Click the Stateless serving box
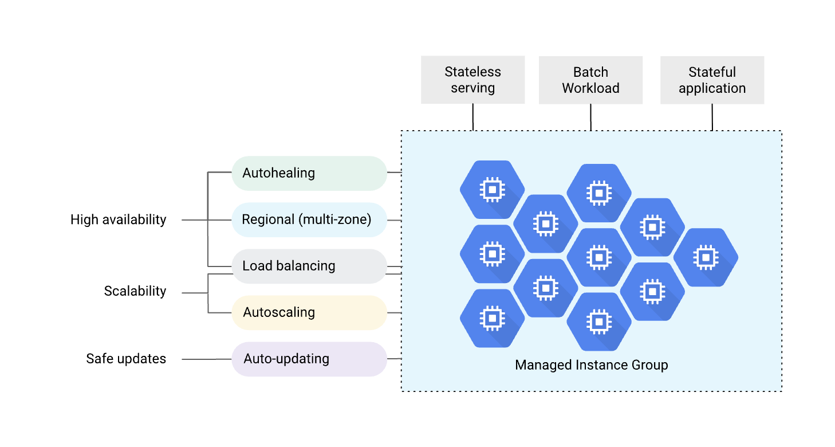pyautogui.click(x=472, y=80)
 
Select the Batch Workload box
pyautogui.click(x=590, y=80)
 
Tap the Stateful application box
pyautogui.click(x=712, y=80)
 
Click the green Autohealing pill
pyautogui.click(x=309, y=173)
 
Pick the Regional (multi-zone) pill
pyautogui.click(x=309, y=219)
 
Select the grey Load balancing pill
pyautogui.click(x=309, y=266)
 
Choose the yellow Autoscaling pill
pyautogui.click(x=309, y=312)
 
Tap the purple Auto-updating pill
pyautogui.click(x=309, y=359)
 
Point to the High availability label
pyautogui.click(x=118, y=219)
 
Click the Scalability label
pyautogui.click(x=135, y=291)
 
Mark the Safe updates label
pyautogui.click(x=126, y=359)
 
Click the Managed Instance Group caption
pyautogui.click(x=591, y=365)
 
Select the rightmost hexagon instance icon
pyautogui.click(x=706, y=257)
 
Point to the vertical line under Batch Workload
pyautogui.click(x=590, y=117)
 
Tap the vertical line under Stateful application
pyautogui.click(x=712, y=117)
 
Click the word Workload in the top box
pyautogui.click(x=590, y=88)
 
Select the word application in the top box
pyautogui.click(x=712, y=88)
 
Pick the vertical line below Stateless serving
pyautogui.click(x=473, y=117)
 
